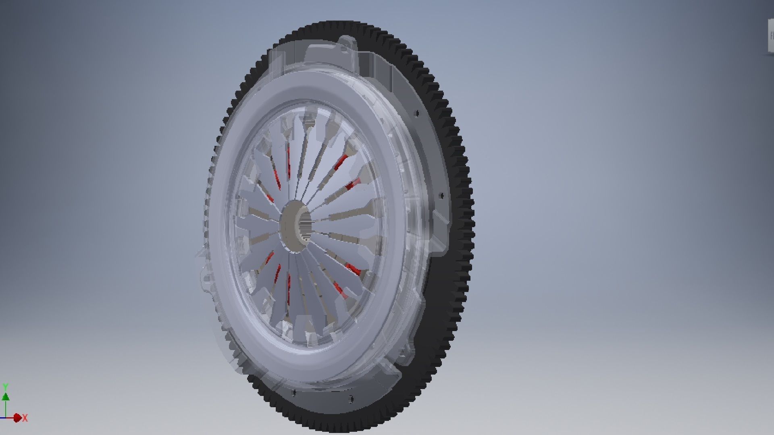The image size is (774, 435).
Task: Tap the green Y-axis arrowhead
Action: pos(6,397)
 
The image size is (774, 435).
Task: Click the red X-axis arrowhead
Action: pos(17,418)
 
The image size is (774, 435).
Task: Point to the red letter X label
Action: pos(25,418)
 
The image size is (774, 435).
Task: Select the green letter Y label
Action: pos(6,387)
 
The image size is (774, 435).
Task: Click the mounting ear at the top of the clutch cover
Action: pos(346,45)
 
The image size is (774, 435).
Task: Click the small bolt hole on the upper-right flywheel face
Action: pos(417,113)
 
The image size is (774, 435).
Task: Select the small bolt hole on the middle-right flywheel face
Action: pos(441,196)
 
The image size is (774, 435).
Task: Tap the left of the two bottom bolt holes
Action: pos(294,391)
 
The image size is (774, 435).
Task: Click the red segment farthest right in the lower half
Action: pos(354,269)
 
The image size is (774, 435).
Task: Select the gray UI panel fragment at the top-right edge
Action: pos(770,36)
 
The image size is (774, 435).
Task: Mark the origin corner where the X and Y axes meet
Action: pos(6,418)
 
